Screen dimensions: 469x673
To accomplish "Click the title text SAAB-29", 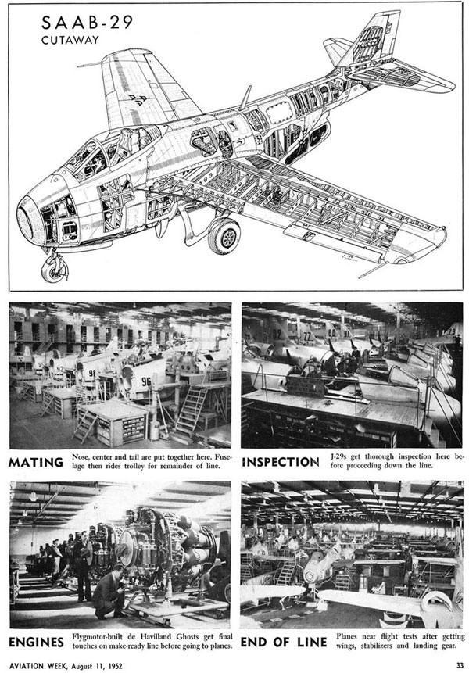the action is [87, 23].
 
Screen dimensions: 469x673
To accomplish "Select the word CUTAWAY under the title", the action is [70, 40].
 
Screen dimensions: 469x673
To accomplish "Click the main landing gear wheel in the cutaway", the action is [224, 235].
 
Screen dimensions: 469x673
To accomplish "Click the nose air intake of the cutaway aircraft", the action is [29, 220].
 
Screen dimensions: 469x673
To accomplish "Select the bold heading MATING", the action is [36, 462].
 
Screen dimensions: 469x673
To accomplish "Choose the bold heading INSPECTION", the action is [281, 462].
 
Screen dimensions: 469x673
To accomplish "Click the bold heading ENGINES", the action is [37, 642].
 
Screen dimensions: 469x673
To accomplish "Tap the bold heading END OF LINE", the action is [284, 642].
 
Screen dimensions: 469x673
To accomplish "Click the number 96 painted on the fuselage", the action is [146, 381].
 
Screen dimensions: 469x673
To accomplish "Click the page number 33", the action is [460, 665].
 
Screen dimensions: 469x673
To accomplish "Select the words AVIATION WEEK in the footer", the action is [38, 666].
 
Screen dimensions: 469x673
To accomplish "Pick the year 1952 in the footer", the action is [114, 666].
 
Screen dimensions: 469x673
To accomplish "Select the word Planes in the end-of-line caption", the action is [347, 636].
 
